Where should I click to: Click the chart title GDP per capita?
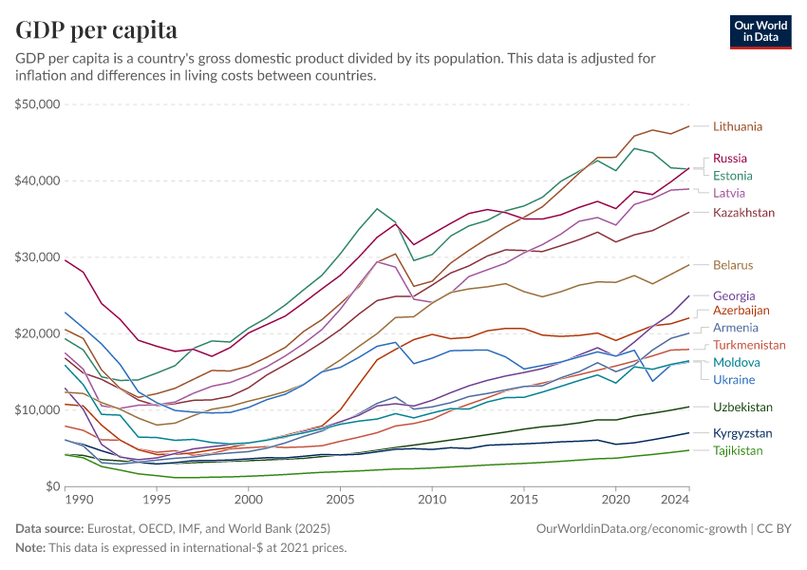[x=97, y=30]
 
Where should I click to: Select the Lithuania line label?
[x=738, y=126]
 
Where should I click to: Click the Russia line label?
[x=729, y=159]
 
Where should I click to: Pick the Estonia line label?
[x=732, y=176]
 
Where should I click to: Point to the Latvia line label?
[x=728, y=194]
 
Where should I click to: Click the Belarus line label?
[x=733, y=265]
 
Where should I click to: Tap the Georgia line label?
[x=734, y=295]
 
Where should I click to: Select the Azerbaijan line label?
[x=741, y=311]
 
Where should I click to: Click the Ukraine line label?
[x=733, y=380]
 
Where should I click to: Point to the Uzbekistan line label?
[x=741, y=408]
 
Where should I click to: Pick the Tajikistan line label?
[x=738, y=450]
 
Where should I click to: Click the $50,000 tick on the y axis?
[x=39, y=104]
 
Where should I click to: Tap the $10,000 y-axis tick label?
[x=39, y=410]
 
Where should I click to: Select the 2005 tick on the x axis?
[x=340, y=499]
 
